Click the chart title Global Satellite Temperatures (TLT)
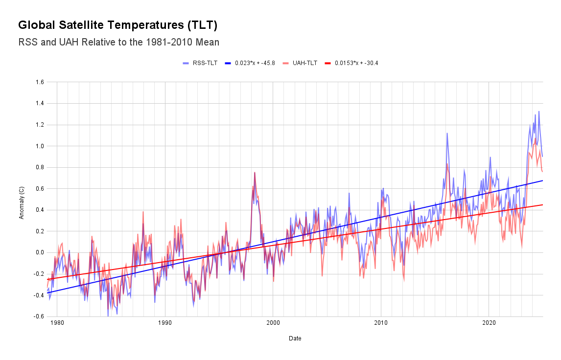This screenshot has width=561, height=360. [x=117, y=25]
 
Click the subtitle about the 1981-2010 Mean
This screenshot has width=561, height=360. [x=118, y=42]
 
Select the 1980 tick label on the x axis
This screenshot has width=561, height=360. [x=57, y=323]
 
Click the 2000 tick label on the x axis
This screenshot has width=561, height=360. [x=273, y=323]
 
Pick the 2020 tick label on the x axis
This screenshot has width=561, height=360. [x=489, y=323]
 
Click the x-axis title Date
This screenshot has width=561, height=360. [x=295, y=338]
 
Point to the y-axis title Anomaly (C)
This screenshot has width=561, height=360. [x=22, y=199]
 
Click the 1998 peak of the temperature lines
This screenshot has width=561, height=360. [x=255, y=173]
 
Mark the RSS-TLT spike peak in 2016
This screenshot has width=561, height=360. [x=447, y=133]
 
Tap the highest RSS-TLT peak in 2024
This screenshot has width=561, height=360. [x=539, y=112]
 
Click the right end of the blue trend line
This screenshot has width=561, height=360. [x=542, y=180]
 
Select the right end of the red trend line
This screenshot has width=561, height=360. [x=542, y=205]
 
